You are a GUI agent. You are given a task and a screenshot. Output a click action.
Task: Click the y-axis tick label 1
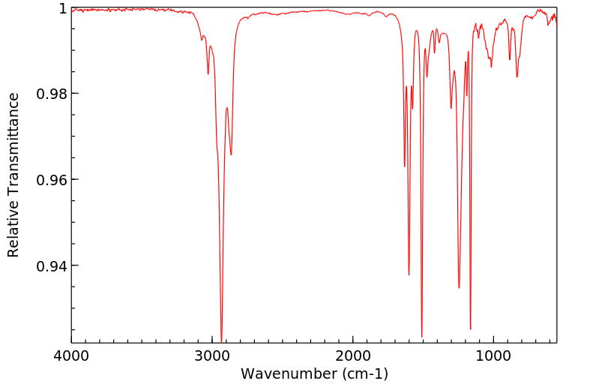(63, 8)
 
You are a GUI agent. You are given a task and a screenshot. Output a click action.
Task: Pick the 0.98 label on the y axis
(53, 94)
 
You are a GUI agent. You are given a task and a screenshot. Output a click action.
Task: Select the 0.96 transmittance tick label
(53, 180)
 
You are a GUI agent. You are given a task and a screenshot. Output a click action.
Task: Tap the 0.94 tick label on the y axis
(53, 266)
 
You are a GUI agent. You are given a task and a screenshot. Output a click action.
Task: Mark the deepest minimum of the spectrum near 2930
(221, 339)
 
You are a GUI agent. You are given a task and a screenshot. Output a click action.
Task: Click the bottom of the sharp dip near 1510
(422, 337)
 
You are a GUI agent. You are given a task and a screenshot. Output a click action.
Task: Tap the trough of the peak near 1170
(471, 328)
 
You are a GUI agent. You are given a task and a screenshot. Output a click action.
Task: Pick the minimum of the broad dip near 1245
(459, 287)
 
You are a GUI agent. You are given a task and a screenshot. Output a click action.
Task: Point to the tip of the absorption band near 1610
(409, 274)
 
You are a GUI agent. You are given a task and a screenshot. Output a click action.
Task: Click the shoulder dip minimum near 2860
(231, 154)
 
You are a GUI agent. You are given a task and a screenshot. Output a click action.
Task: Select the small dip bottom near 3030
(208, 73)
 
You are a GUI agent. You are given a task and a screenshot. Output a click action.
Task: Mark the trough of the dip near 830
(517, 76)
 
